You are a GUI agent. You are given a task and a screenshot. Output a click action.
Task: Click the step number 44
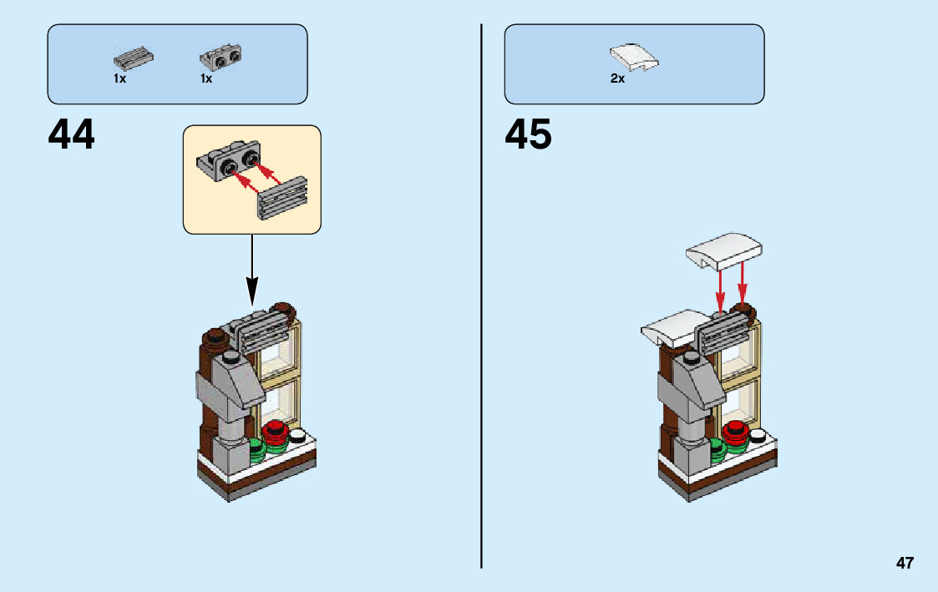coord(72,134)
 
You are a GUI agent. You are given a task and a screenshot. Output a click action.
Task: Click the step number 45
coord(528,134)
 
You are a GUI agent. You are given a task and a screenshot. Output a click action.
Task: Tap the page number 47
coord(905,563)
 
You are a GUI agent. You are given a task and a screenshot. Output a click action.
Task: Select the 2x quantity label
coord(617,79)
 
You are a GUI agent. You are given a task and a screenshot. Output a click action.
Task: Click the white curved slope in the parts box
coord(634,58)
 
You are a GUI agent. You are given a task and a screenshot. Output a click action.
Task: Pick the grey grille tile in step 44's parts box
coord(134,58)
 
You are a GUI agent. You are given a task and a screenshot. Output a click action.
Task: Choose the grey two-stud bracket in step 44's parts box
coord(221,58)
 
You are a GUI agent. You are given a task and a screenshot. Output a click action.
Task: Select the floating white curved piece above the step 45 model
coord(724,249)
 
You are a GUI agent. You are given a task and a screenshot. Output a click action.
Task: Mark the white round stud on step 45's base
coord(758,435)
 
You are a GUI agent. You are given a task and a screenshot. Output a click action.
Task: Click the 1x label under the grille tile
coord(120,79)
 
